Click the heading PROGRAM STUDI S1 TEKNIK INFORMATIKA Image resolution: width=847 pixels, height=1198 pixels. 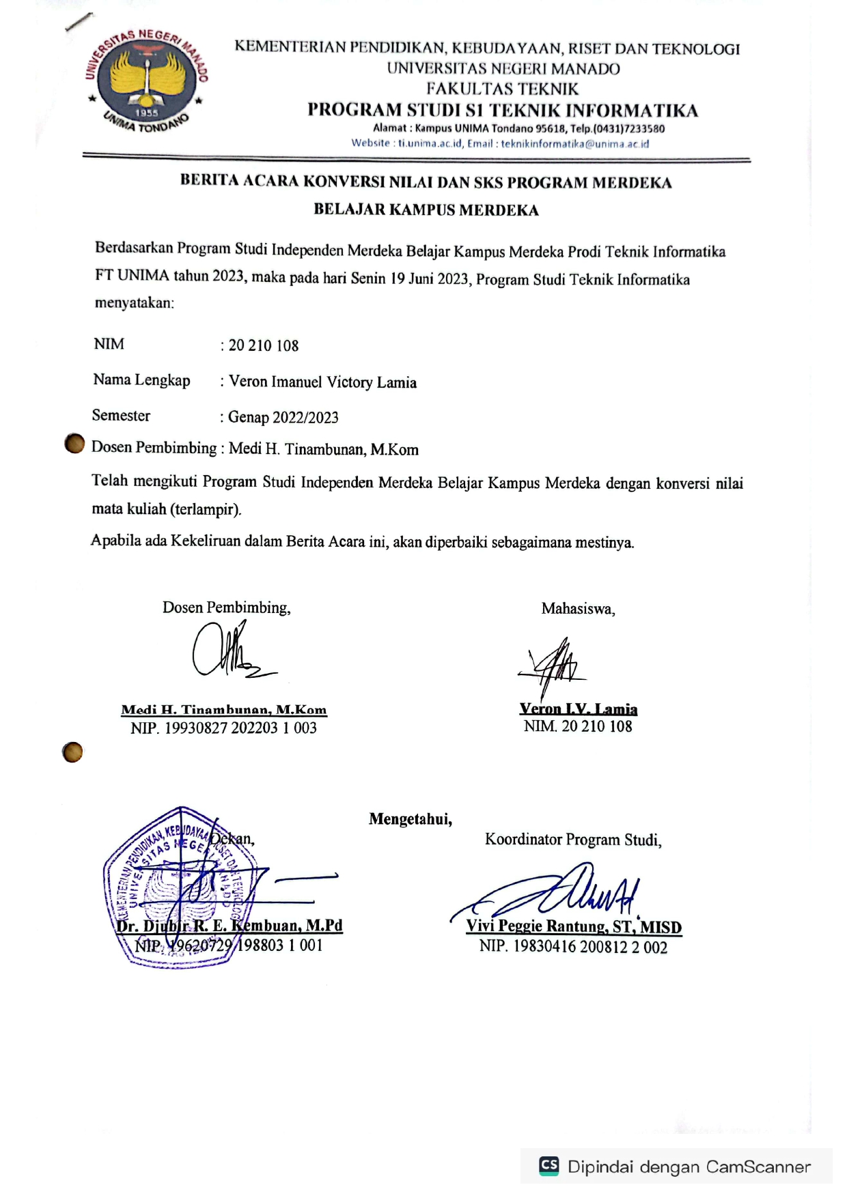point(503,111)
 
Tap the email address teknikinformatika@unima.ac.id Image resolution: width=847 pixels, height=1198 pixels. point(574,144)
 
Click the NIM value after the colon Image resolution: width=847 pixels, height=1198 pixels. point(264,345)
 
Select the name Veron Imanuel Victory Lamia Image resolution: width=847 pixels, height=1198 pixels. point(322,382)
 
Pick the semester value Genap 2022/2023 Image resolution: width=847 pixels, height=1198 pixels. point(283,418)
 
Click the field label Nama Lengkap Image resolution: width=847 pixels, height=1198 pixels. point(141,380)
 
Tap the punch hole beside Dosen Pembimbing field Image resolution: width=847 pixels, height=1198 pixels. point(74,444)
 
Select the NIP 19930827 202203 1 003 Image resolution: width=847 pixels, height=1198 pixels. point(223,728)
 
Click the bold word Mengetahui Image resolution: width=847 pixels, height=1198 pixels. point(411,819)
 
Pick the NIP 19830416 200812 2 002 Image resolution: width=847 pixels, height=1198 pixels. point(573,947)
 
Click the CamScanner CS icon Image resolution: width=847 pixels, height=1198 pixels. point(549,1166)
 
